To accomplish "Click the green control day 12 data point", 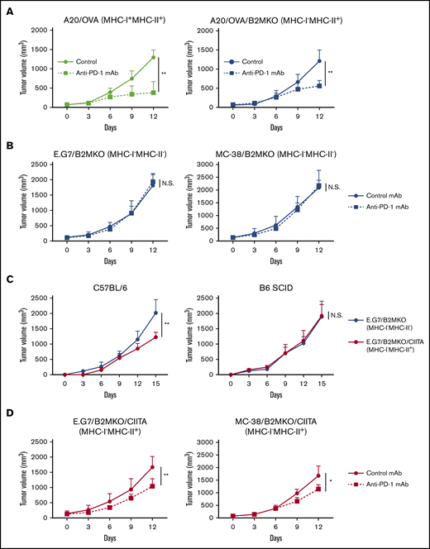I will (153, 57).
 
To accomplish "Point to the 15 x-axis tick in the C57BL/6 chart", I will (153, 383).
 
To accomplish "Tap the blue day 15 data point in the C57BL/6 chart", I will (153, 313).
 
